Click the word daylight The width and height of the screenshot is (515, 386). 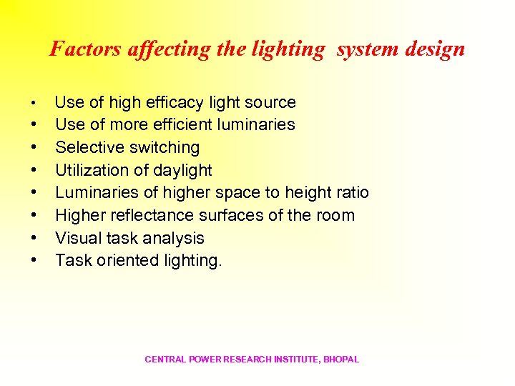pyautogui.click(x=182, y=170)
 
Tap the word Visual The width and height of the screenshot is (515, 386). pyautogui.click(x=78, y=238)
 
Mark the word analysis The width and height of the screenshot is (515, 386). pyautogui.click(x=175, y=238)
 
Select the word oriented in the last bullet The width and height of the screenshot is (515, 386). pyautogui.click(x=118, y=260)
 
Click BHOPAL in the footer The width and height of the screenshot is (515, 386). pyautogui.click(x=341, y=360)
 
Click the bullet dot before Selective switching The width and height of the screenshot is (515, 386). pyautogui.click(x=34, y=148)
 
